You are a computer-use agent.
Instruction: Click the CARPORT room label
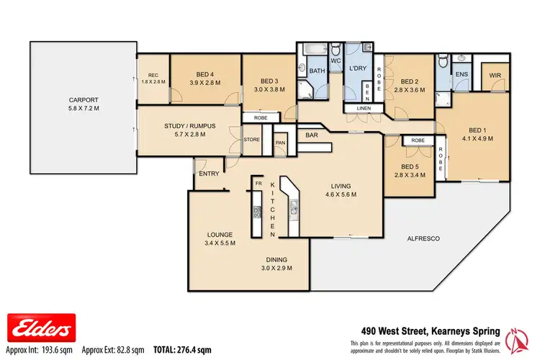[83, 100]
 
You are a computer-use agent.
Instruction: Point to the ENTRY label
[209, 174]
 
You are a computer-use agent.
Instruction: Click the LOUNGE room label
[218, 234]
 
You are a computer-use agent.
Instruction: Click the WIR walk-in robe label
[495, 74]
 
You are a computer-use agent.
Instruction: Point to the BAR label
[312, 135]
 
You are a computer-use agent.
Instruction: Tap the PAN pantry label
[281, 143]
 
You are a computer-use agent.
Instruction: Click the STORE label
[252, 140]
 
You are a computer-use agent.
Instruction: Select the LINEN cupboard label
[359, 109]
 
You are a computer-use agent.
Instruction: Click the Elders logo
[39, 328]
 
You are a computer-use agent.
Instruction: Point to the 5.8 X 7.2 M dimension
[83, 110]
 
